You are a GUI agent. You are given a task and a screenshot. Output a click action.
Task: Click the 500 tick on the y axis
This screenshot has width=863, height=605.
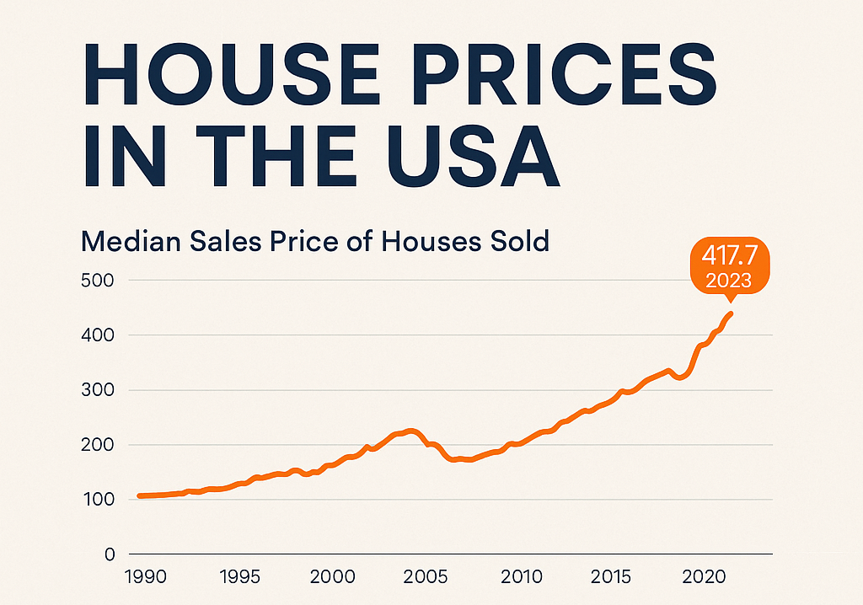[x=97, y=280]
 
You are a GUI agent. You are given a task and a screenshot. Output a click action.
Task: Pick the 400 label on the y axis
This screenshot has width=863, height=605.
[x=97, y=335]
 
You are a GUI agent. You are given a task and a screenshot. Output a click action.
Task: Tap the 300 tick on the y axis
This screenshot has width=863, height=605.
[x=97, y=390]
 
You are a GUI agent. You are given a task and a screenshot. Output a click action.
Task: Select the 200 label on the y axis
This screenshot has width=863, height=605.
[x=97, y=445]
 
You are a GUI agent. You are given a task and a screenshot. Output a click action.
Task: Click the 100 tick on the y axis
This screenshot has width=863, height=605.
[x=97, y=500]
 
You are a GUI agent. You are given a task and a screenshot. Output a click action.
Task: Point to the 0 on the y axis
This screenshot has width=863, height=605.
[x=110, y=554]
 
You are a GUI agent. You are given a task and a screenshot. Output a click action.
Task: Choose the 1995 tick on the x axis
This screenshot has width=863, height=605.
[x=241, y=578]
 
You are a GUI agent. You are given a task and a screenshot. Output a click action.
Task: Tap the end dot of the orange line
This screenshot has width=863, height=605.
[x=731, y=314]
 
